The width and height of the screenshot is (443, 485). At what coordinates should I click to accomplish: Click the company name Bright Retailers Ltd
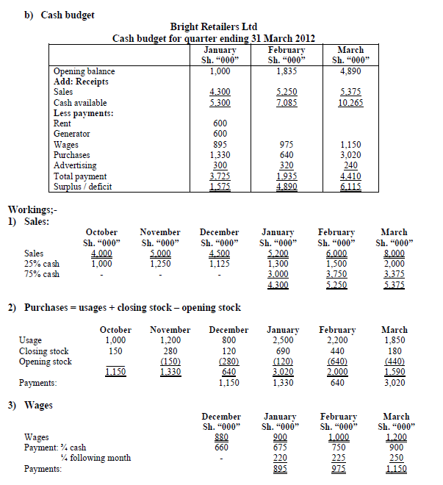coord(218,26)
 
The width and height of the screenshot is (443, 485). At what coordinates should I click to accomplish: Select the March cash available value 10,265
coord(350,103)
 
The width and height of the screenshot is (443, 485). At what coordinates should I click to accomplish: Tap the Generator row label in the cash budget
coord(72,134)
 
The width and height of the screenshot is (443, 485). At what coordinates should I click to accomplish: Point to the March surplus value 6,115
coord(350,187)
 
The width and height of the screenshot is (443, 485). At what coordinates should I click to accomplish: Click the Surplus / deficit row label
coord(80,187)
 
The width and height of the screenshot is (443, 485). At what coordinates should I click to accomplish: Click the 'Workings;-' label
coord(29,210)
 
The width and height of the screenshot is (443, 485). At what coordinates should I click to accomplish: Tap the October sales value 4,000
coord(101,254)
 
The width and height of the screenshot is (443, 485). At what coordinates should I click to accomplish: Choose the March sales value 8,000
coord(394,254)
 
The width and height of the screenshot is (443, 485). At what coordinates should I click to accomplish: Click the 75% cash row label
coord(42,274)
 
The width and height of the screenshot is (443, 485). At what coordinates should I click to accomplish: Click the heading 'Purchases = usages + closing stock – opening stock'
coord(132,307)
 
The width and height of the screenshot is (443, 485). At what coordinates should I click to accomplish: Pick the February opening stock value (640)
coord(339,362)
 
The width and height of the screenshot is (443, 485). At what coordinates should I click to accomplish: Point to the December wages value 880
coord(220,437)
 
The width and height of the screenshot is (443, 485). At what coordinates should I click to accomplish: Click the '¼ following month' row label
coord(96,458)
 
